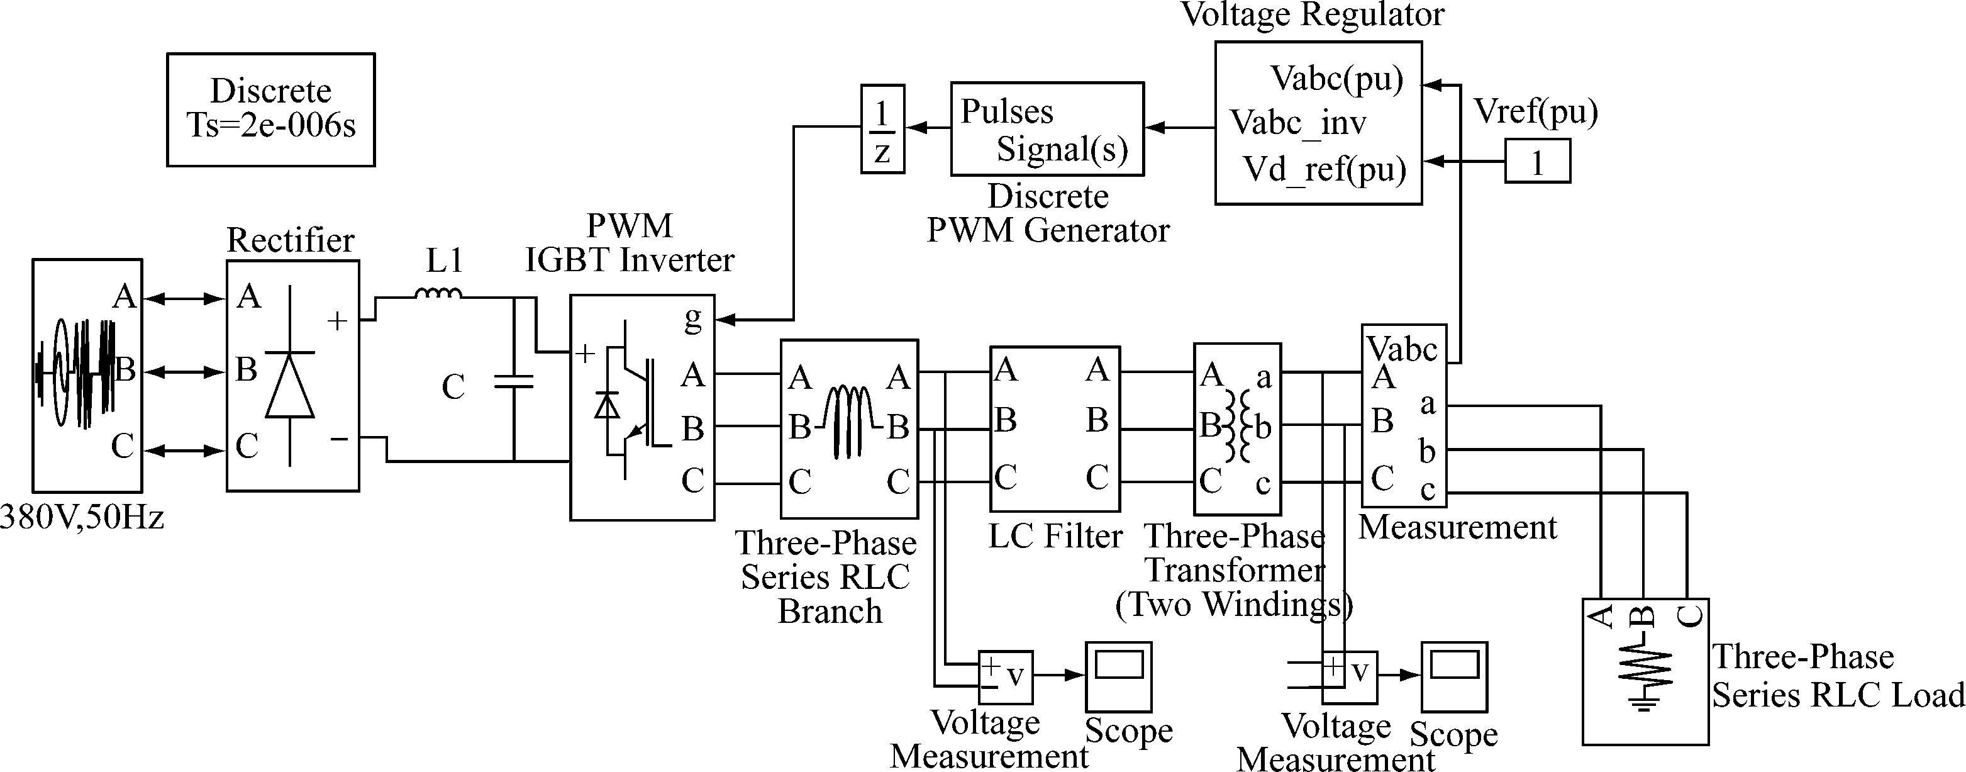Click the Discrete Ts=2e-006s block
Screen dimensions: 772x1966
tap(271, 109)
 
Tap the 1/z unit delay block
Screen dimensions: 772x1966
tap(882, 128)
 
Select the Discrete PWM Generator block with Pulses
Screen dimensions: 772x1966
tap(1047, 129)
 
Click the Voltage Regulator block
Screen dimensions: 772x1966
tap(1318, 123)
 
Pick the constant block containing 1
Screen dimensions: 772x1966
tap(1537, 161)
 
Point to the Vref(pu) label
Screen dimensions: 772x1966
tap(1536, 112)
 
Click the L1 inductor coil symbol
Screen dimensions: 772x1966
tap(439, 293)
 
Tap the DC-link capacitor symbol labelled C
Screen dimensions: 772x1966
tap(514, 381)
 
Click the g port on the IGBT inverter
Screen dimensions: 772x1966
tap(692, 318)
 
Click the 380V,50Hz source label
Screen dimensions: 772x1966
tap(82, 518)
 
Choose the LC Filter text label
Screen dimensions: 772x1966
tap(1055, 536)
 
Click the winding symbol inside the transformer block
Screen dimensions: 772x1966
tap(1237, 426)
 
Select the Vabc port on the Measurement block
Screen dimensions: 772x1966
tap(1402, 350)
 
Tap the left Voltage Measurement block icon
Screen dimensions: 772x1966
tap(1005, 676)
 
